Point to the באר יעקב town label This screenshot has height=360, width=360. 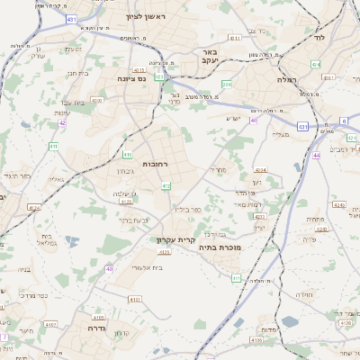coord(209,58)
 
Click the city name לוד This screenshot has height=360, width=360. coord(319,38)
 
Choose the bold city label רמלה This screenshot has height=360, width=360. coord(311,79)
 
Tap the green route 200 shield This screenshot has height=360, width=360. coord(228,84)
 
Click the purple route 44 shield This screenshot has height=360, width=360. coord(317,156)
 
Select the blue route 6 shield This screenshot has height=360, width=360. coord(345,120)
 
